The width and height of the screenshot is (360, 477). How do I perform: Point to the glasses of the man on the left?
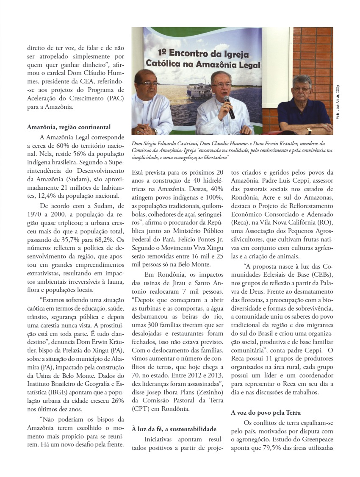click(148, 83)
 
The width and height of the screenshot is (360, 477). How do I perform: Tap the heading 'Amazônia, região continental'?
click(69, 127)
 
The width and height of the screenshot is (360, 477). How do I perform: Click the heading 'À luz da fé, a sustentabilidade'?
click(174, 429)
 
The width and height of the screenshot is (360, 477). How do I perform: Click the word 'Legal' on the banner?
click(247, 65)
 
